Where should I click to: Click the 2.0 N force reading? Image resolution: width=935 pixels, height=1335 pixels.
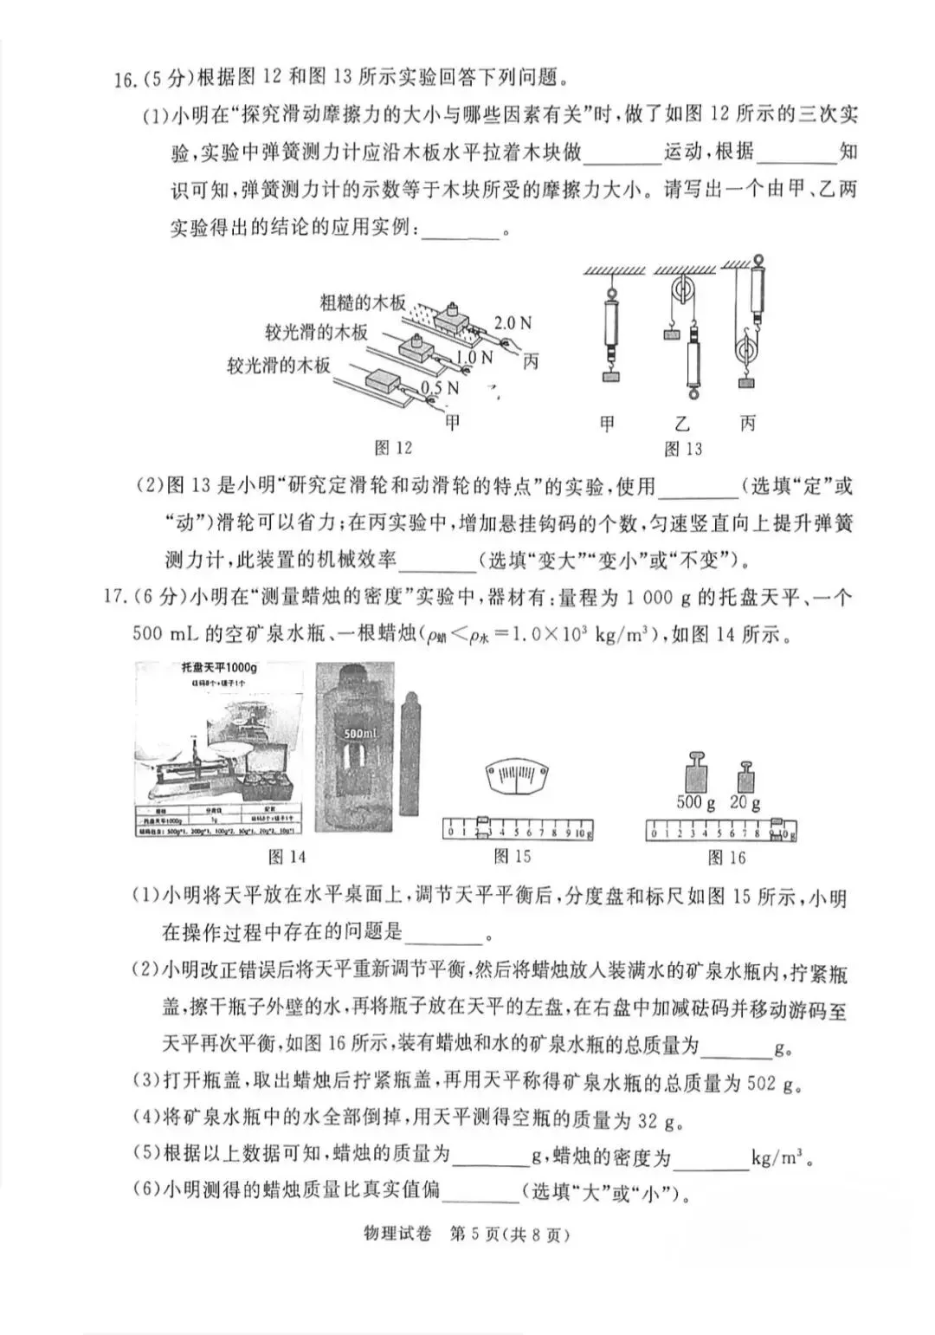coord(513,323)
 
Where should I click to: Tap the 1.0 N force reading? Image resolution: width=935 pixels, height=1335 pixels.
coord(474,357)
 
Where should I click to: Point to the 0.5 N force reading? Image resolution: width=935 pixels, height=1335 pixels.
coord(440,388)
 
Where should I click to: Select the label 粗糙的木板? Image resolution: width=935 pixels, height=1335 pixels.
coord(363,302)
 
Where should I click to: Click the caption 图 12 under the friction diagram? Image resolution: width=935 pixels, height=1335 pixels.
coord(393,448)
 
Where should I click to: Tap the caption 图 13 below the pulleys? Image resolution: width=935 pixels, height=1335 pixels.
coord(683,449)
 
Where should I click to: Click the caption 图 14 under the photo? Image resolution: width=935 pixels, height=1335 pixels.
coord(287,857)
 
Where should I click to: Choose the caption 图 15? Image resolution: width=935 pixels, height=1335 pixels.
coord(512,857)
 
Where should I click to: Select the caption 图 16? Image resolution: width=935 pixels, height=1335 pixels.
coord(726,857)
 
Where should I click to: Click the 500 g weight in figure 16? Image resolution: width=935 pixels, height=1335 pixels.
coord(696,770)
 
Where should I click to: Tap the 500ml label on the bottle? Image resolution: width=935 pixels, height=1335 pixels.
coord(358,732)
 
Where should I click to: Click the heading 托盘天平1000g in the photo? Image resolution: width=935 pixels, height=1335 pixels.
coord(219,668)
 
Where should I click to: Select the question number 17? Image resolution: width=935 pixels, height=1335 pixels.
coord(115,597)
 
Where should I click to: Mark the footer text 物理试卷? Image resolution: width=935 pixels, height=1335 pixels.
coord(401,1235)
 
